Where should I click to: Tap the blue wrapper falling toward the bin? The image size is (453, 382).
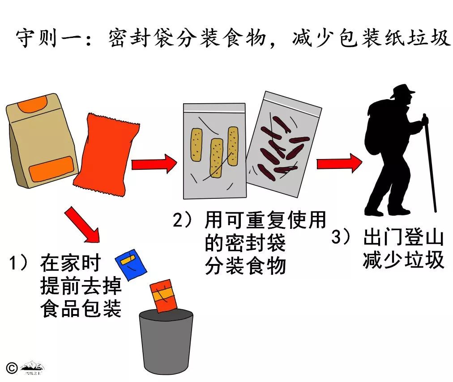click(x=131, y=263)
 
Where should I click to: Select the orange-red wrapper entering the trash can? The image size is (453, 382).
click(x=163, y=295)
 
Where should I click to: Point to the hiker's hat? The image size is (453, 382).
click(x=402, y=92)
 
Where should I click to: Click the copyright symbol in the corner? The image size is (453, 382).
click(x=12, y=367)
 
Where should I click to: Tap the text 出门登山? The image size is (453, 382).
click(x=403, y=238)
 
